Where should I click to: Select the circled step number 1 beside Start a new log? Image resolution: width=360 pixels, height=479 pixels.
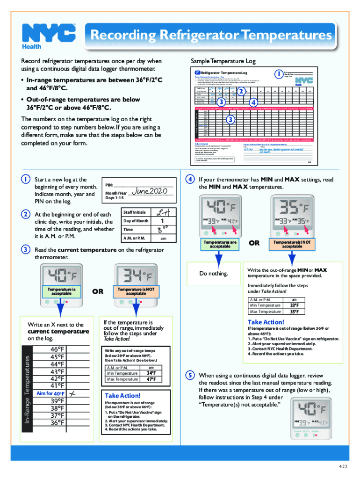(23, 179)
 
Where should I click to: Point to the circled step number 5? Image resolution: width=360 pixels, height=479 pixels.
(190, 376)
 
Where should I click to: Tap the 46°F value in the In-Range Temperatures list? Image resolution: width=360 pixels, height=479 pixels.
(54, 349)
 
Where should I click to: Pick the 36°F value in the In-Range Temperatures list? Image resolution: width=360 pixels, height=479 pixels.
(54, 423)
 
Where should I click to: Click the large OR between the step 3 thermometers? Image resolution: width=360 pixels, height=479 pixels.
(97, 291)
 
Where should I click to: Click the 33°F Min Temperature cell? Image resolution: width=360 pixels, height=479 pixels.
(295, 305)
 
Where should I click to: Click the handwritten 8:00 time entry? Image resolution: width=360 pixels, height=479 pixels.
(161, 230)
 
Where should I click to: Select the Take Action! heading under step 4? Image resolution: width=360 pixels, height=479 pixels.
(266, 322)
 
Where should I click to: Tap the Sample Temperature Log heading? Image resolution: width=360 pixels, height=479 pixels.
(223, 61)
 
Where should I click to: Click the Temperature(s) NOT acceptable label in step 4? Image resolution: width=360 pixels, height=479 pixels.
(288, 244)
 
